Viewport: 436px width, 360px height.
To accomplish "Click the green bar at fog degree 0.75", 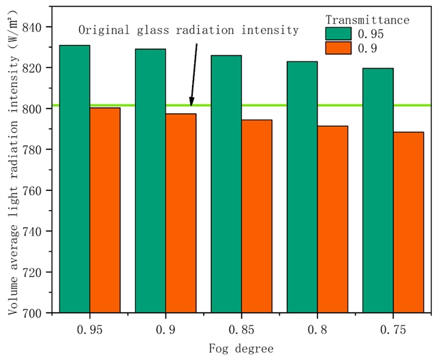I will (377, 190).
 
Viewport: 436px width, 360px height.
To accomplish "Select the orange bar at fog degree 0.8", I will (332, 219).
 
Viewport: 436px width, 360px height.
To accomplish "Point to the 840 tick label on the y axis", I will (31, 27).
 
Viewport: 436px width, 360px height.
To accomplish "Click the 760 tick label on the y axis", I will (31, 190).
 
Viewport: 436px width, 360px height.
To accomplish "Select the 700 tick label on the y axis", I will (31, 313).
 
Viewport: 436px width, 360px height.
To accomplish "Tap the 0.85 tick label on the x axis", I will (241, 330).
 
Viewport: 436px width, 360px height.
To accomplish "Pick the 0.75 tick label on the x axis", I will (392, 330).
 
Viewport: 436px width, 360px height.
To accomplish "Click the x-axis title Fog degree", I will (241, 348).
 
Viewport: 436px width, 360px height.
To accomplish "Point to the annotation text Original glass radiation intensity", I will (188, 30).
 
